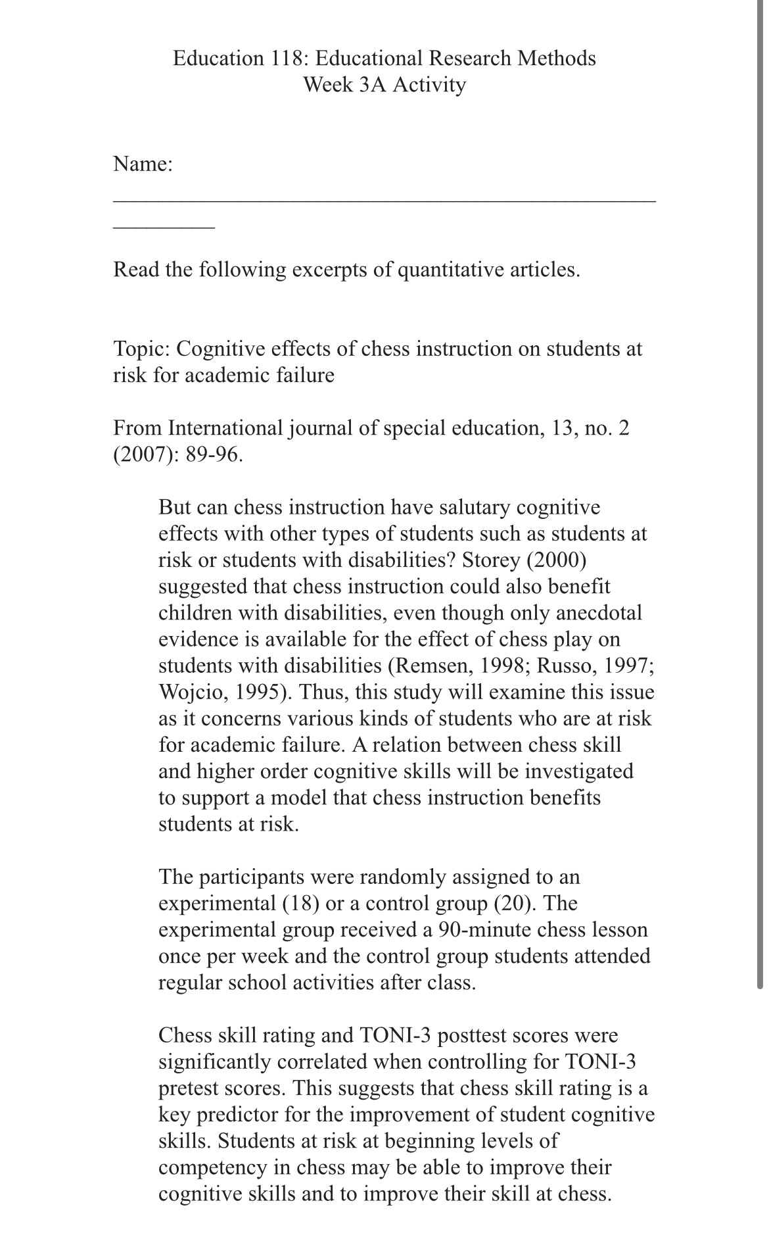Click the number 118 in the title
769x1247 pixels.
click(x=287, y=59)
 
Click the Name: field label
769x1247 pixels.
click(x=143, y=164)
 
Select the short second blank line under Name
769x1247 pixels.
click(x=164, y=228)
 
